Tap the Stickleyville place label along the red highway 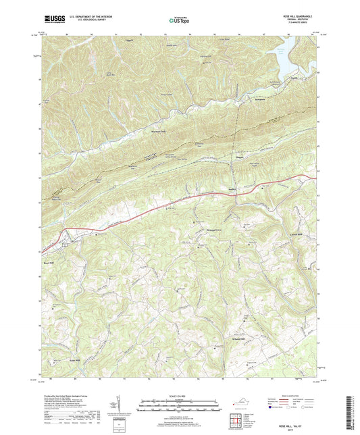tap(233, 190)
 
